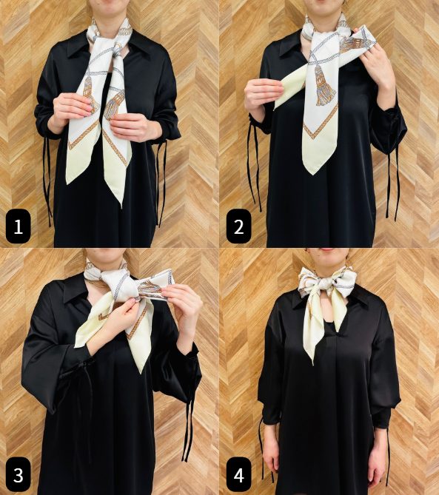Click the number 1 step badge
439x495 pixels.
[18, 226]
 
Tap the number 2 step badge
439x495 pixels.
[239, 226]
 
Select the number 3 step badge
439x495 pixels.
[18, 474]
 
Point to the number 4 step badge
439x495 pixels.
[239, 474]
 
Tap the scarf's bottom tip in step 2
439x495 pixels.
[312, 174]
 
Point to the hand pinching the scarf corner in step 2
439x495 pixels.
[263, 94]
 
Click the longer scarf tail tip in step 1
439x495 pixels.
[122, 206]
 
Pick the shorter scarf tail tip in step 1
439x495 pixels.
[67, 183]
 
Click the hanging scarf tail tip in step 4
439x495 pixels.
[313, 364]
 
